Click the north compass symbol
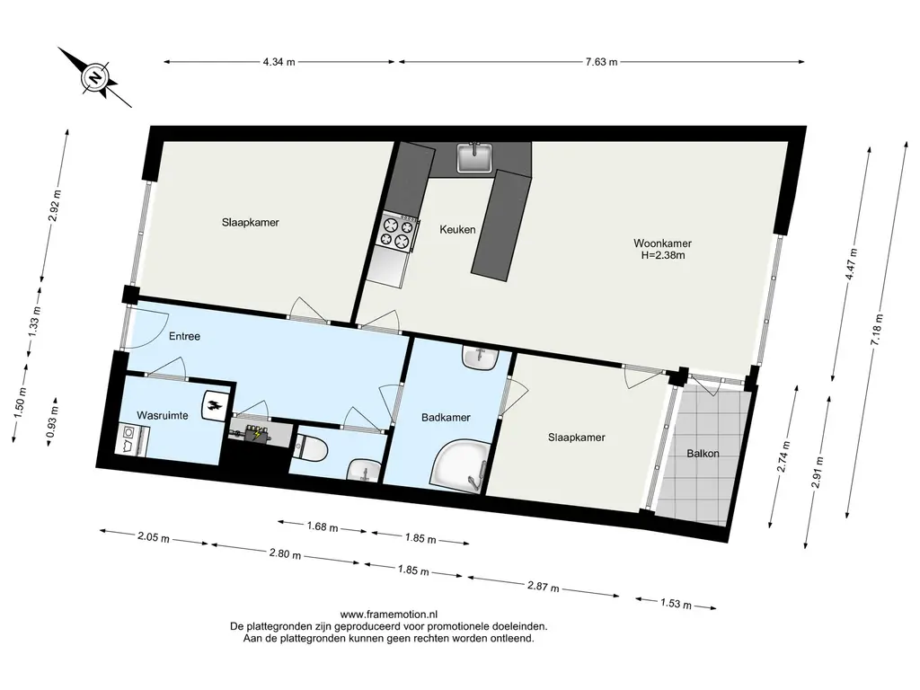pos(95,77)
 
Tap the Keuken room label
pos(457,229)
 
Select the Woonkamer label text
pos(662,243)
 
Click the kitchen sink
pos(474,158)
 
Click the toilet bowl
pos(312,449)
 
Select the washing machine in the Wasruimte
pos(133,439)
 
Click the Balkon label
pos(703,453)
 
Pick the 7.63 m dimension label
pos(601,62)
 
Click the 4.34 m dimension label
pos(279,62)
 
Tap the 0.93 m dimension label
pos(52,423)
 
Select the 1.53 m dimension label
pos(676,603)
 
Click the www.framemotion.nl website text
pos(389,615)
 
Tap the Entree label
pos(185,336)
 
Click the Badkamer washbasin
pos(481,358)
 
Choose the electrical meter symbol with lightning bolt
pos(256,434)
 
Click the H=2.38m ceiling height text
pos(663,255)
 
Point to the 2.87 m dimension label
pos(543,587)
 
